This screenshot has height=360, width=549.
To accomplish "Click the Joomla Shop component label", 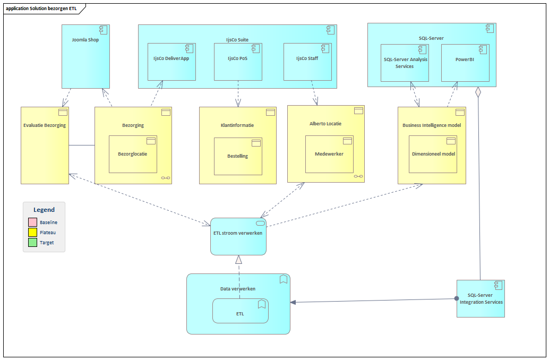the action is pyautogui.click(x=85, y=40).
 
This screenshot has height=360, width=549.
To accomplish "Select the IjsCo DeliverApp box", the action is pyautogui.click(x=171, y=62).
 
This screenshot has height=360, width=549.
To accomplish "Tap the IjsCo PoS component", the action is pyautogui.click(x=238, y=62).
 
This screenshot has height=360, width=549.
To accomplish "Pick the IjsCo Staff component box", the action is pyautogui.click(x=307, y=62).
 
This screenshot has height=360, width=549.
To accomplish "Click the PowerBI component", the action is pyautogui.click(x=465, y=63).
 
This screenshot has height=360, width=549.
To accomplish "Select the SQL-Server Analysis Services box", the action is pyautogui.click(x=405, y=63).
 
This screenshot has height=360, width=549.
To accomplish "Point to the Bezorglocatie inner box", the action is pyautogui.click(x=133, y=155).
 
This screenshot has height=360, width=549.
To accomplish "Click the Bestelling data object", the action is pyautogui.click(x=238, y=157).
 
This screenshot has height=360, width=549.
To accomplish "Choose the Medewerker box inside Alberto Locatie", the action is pyautogui.click(x=330, y=155).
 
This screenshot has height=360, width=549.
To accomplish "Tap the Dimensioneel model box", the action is pyautogui.click(x=433, y=155).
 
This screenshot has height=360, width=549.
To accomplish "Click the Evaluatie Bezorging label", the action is pyautogui.click(x=45, y=125).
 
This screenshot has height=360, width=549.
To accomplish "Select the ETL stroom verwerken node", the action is pyautogui.click(x=238, y=237).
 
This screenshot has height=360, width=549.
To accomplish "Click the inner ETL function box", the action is pyautogui.click(x=241, y=311).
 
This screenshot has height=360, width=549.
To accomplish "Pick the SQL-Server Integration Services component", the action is pyautogui.click(x=481, y=299).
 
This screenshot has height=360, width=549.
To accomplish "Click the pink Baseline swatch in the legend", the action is pyautogui.click(x=32, y=222).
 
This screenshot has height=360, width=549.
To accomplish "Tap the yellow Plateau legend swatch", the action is pyautogui.click(x=32, y=232).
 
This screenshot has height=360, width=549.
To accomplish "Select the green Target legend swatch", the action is pyautogui.click(x=32, y=242).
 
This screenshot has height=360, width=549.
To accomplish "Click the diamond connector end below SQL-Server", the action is pyautogui.click(x=478, y=92).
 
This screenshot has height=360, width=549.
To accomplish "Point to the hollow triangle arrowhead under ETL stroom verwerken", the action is pyautogui.click(x=239, y=260).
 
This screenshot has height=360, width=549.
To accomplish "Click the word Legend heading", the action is pyautogui.click(x=44, y=210).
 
